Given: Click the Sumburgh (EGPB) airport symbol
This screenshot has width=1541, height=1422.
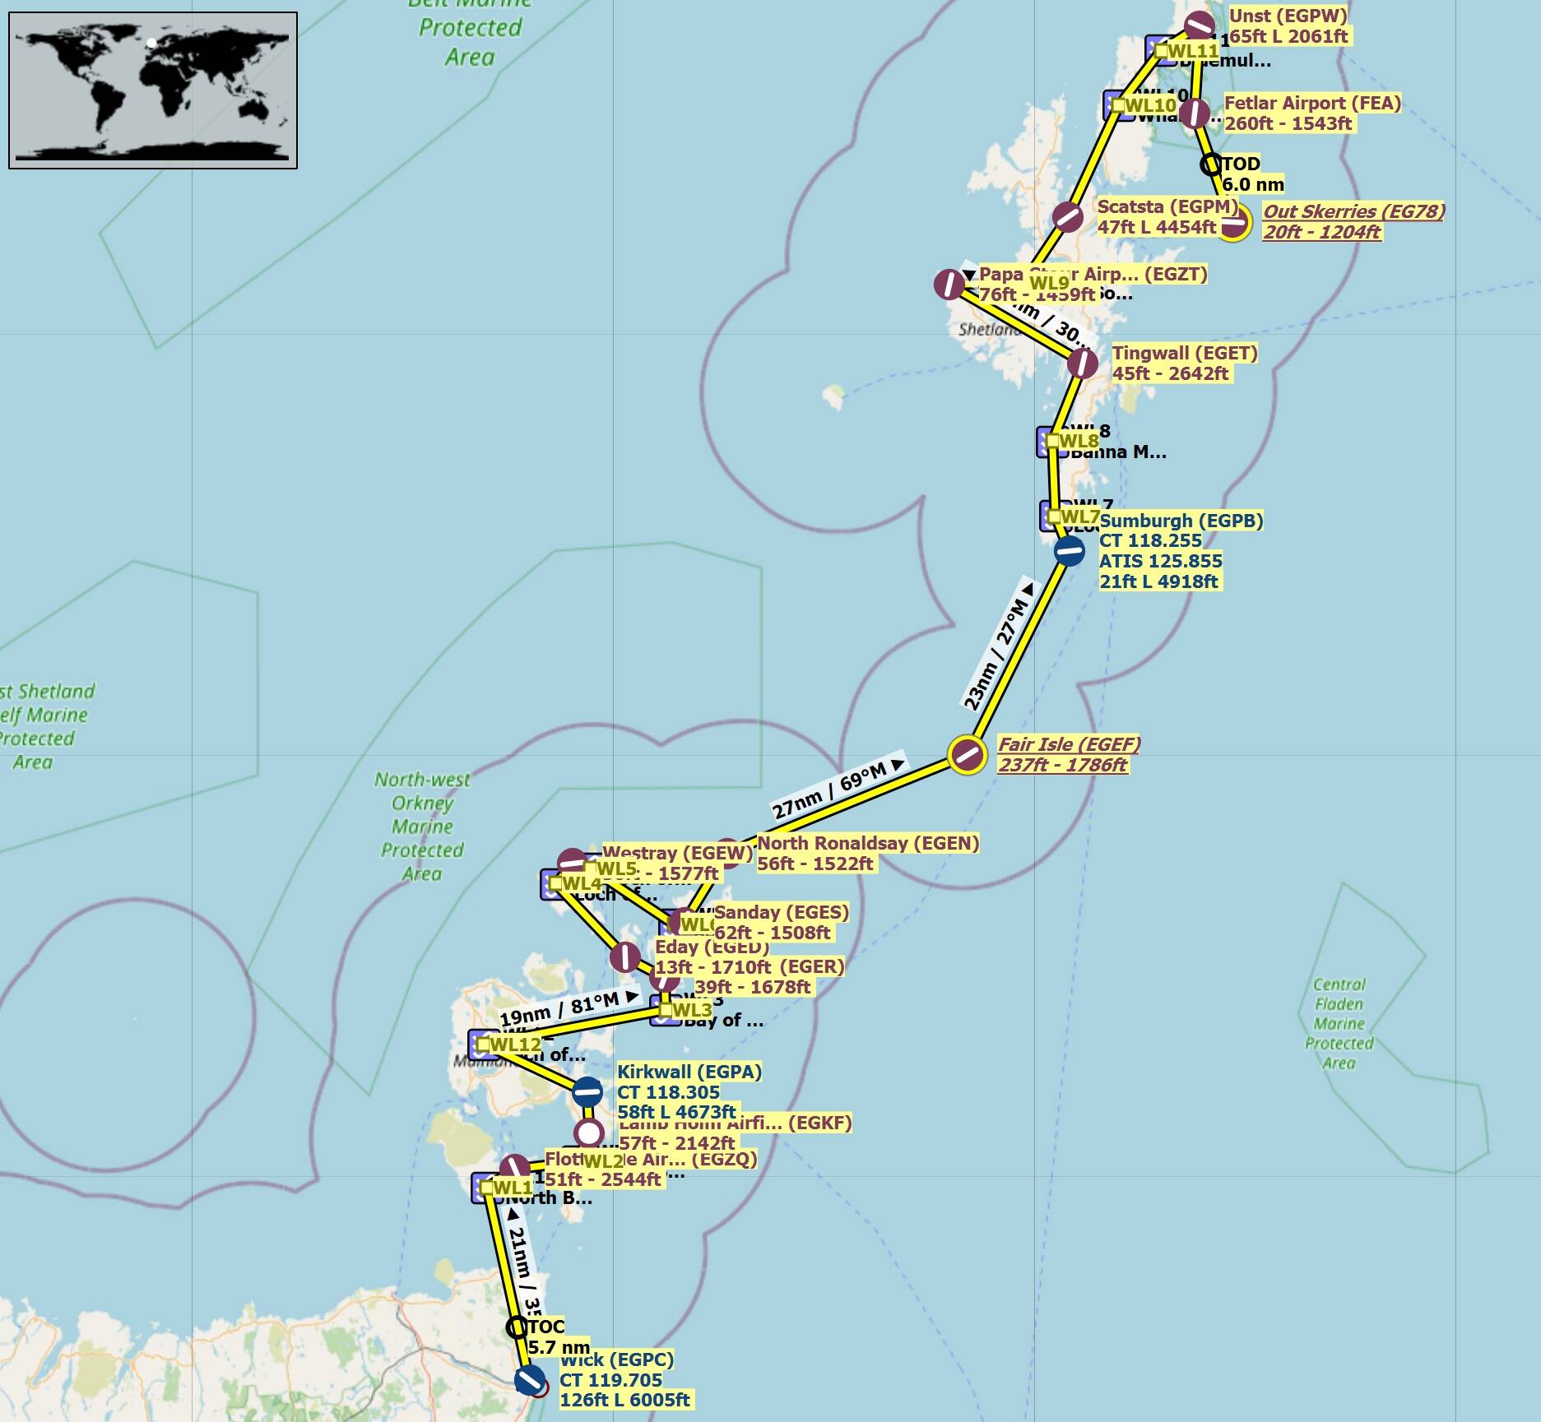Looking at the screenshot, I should [x=1069, y=551].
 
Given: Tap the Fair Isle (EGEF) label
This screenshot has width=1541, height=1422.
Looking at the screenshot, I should [x=1068, y=754].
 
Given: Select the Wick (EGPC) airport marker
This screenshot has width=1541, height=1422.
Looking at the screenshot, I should [x=529, y=1379].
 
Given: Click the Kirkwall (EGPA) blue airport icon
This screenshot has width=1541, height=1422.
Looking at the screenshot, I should [x=587, y=1092].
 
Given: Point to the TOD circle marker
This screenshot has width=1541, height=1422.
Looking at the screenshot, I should [x=1210, y=164].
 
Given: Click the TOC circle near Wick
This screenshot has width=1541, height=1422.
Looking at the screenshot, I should [x=516, y=1327].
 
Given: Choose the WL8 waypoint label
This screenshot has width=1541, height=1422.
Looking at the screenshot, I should [x=1077, y=442].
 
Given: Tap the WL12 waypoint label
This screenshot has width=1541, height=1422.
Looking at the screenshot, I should [x=515, y=1044].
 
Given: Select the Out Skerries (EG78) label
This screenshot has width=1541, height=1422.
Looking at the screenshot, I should [x=1353, y=221].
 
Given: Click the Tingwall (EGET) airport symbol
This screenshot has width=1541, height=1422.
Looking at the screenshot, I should [x=1082, y=363].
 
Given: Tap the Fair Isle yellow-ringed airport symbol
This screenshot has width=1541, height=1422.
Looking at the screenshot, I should [x=967, y=754].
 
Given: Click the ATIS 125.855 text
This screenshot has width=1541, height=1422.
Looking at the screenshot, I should [x=1160, y=561].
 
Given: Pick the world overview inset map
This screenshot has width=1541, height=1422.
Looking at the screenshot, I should [x=153, y=90].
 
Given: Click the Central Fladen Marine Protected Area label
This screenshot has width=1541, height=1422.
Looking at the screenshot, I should [x=1339, y=1023].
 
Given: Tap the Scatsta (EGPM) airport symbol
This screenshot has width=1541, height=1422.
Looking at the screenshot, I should [x=1068, y=217].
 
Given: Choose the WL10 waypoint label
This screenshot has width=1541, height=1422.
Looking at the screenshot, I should [x=1150, y=105].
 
